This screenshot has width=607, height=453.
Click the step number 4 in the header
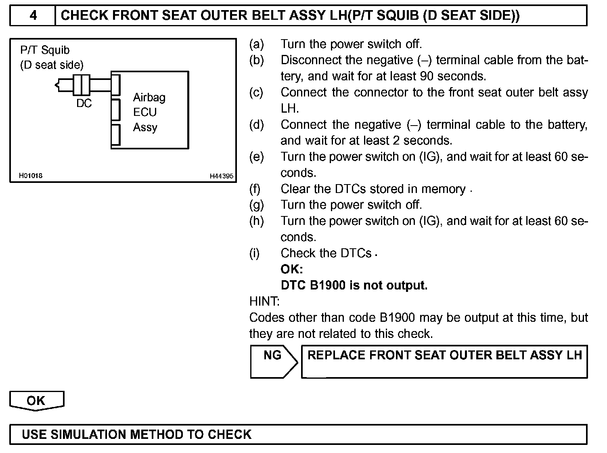[33, 16]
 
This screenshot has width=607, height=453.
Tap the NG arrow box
[273, 361]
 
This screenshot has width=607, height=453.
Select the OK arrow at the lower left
[36, 401]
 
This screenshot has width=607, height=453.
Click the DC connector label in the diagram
[84, 103]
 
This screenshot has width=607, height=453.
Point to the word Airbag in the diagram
[149, 97]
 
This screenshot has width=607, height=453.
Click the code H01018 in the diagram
[31, 176]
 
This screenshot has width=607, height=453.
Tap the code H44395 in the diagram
[221, 176]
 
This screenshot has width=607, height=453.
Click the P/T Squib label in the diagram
[45, 50]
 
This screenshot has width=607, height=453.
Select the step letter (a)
[257, 44]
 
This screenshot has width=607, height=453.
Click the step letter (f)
[255, 189]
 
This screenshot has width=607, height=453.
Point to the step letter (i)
[254, 253]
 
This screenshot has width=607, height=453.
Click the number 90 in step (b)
[427, 76]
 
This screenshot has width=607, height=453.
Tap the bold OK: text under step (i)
[292, 269]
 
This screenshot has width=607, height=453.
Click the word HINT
[264, 301]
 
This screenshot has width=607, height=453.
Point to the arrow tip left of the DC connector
[56, 85]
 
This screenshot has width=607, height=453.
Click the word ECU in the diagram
[145, 112]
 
